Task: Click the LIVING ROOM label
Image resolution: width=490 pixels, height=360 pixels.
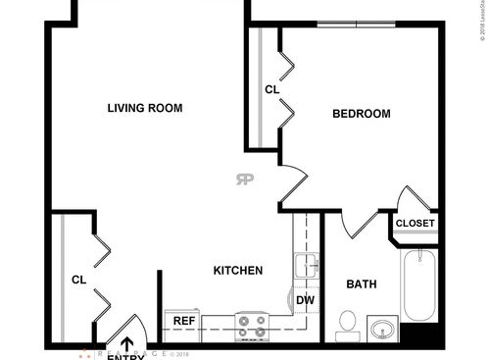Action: click(x=145, y=108)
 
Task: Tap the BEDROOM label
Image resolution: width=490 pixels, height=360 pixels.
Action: click(x=361, y=114)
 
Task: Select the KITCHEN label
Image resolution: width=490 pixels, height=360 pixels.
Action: click(x=238, y=270)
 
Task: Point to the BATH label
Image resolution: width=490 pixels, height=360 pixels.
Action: click(x=362, y=284)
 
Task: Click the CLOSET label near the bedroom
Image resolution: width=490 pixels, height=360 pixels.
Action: click(x=415, y=224)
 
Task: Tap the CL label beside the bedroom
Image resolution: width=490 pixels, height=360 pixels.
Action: click(x=272, y=90)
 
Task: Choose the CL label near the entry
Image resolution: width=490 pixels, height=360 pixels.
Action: click(x=78, y=280)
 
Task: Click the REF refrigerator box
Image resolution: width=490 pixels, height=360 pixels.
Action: click(x=183, y=321)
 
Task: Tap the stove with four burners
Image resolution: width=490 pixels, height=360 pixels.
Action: click(x=252, y=326)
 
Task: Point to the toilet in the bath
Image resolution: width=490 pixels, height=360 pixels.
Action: click(x=347, y=323)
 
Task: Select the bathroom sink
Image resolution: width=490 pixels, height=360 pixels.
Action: click(x=383, y=327)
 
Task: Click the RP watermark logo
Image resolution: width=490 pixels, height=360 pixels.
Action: click(x=244, y=179)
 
